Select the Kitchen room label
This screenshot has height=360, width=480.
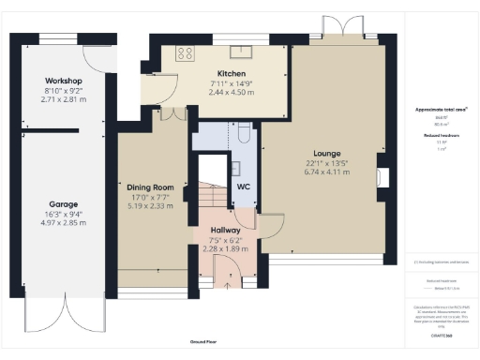pos(232,73)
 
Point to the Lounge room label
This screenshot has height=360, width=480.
pos(327,153)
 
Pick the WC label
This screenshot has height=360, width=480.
pos(244,187)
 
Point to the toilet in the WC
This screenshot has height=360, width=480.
pos(241,132)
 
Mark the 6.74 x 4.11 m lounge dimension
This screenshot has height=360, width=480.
pos(327,172)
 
